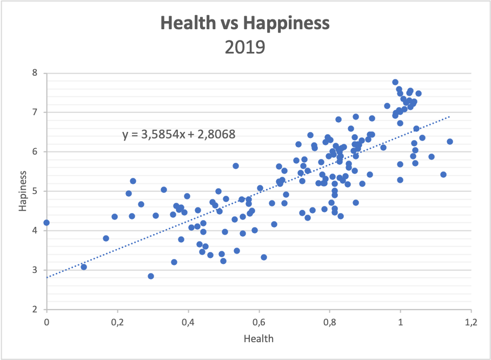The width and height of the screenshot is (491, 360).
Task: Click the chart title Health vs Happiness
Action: point(245,23)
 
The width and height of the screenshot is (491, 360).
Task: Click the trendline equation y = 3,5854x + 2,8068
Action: point(180,134)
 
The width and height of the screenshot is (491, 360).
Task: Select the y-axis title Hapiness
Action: point(23,191)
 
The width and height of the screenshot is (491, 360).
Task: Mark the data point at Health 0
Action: point(47,223)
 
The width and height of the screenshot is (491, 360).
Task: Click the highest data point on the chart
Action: point(395,82)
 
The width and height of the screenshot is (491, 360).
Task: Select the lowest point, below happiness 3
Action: point(151,276)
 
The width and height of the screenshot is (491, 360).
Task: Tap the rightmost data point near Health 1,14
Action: point(450,142)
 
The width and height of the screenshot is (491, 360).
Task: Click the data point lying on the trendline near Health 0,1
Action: point(84,267)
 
